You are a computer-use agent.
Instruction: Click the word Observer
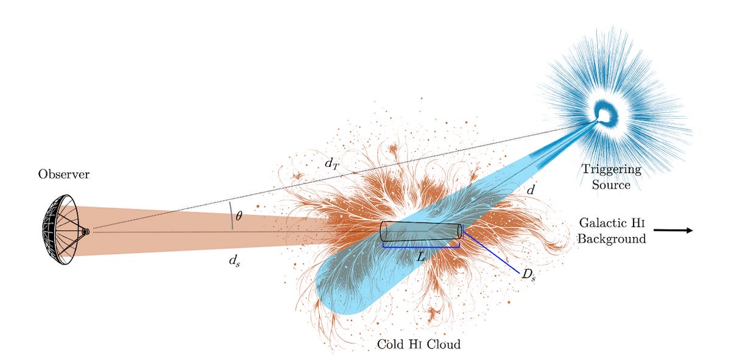(64, 175)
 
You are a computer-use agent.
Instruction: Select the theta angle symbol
(238, 216)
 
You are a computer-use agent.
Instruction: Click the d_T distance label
(332, 163)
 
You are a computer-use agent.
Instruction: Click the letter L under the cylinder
(420, 257)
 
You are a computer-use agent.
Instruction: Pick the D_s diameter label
(528, 274)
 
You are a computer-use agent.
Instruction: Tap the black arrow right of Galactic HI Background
(673, 230)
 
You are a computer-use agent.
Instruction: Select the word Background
(612, 239)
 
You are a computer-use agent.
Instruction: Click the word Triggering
(611, 169)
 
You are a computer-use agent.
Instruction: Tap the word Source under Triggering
(611, 184)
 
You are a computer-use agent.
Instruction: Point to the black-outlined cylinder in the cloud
(421, 232)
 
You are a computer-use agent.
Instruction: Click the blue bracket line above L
(420, 247)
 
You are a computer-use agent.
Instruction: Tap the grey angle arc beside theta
(231, 215)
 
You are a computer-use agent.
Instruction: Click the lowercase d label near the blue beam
(531, 190)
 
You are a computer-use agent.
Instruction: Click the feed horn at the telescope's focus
(85, 231)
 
